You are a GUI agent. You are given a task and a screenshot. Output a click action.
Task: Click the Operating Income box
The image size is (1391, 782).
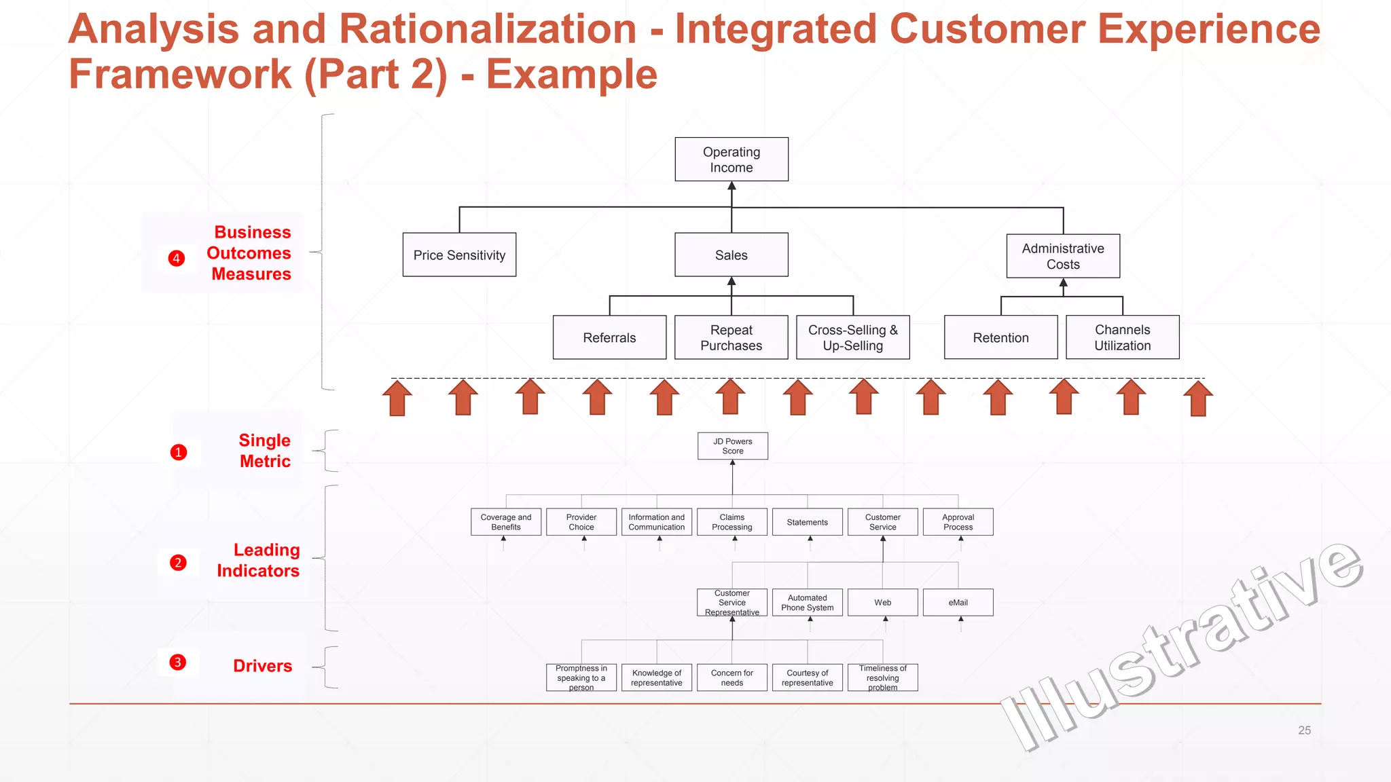point(731,160)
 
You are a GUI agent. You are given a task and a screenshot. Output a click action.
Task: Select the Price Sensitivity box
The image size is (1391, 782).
point(459,255)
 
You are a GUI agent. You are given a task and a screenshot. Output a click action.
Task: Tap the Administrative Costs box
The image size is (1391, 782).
point(1062,256)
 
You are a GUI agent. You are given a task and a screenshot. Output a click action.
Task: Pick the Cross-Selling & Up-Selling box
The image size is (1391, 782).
point(852,337)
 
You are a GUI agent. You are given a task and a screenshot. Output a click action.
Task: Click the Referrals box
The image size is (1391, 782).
point(609,337)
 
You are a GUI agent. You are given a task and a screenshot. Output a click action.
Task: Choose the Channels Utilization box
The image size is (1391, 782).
point(1122,337)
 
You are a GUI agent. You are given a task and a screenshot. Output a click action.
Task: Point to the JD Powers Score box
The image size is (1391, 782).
point(732,446)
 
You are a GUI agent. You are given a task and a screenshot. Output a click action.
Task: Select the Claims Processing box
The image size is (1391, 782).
point(731,522)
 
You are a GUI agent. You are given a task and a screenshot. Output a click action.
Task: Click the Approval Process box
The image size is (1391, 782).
point(958,522)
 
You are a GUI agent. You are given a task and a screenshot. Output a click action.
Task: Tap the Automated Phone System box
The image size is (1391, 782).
point(807,603)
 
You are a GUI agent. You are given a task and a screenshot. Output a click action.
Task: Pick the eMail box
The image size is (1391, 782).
point(958,603)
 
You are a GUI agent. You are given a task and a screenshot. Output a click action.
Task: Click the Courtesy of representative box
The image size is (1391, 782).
point(807,677)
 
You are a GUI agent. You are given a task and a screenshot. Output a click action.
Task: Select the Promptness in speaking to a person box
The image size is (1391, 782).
point(581,677)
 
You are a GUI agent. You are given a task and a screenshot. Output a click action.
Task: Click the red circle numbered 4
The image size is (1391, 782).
point(177,258)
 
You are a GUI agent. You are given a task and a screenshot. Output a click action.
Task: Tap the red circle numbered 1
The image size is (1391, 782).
point(179,452)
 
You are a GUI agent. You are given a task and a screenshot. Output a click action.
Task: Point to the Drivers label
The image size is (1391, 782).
point(262,666)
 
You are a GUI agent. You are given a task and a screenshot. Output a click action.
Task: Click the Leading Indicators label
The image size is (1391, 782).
point(258,560)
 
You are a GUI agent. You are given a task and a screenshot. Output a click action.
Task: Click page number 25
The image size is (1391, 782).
point(1304,730)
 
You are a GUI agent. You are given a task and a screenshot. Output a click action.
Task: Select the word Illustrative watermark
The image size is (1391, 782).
point(1182,645)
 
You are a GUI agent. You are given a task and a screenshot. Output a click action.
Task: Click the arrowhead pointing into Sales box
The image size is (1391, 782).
point(731,281)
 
